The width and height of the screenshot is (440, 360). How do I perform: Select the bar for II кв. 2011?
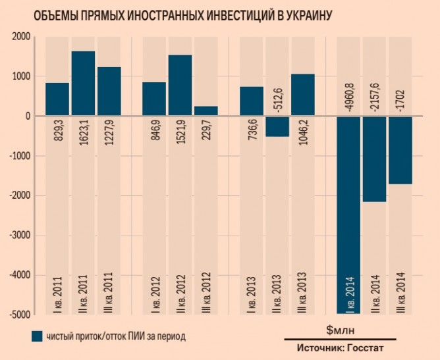[x=83, y=84]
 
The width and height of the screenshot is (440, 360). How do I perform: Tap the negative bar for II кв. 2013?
[x=277, y=126]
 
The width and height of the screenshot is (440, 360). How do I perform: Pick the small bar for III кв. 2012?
[x=206, y=111]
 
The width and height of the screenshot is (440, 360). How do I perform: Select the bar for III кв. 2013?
[x=303, y=95]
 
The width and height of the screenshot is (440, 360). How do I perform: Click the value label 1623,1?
[x=84, y=135]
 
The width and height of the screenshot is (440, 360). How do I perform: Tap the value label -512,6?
[x=277, y=92]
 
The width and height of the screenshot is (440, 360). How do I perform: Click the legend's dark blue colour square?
[x=37, y=336]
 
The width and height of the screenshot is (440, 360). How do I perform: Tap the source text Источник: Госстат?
[x=339, y=347]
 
